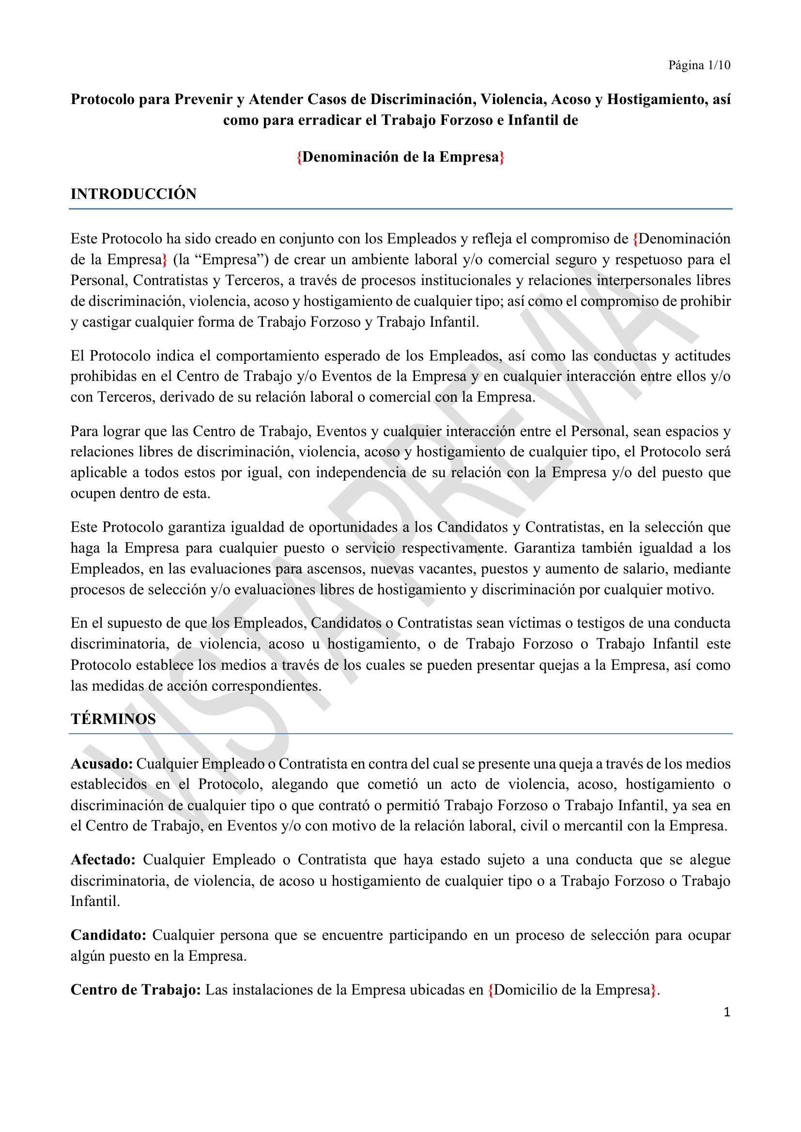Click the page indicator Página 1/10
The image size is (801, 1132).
(699, 65)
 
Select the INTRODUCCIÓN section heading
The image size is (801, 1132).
(133, 194)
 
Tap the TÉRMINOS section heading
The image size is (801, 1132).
(113, 719)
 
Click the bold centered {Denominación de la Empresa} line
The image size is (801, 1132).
(400, 157)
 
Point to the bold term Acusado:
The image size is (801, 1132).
(102, 764)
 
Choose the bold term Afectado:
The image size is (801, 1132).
(103, 860)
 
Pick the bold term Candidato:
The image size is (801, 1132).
(108, 935)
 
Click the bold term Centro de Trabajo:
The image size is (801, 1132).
(135, 990)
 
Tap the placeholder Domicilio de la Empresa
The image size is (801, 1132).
(572, 990)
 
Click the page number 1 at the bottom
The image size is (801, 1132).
(726, 1012)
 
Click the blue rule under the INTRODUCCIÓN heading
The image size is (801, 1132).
(400, 209)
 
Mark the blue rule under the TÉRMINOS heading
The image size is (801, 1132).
(400, 734)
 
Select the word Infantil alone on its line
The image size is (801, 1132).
(95, 901)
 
